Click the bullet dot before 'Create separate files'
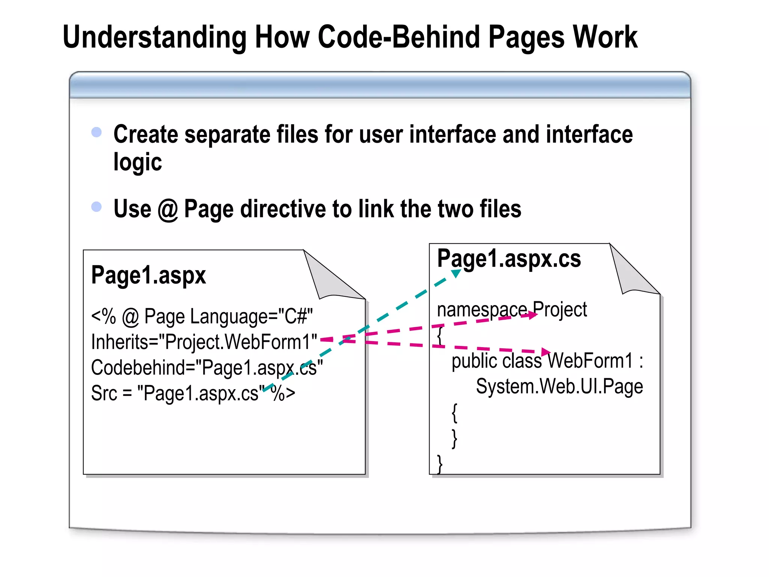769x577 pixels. click(97, 132)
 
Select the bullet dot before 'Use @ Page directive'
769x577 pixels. click(97, 207)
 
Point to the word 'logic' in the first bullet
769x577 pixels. click(137, 163)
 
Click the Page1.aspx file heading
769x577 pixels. click(148, 275)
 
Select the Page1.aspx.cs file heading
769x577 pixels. click(509, 259)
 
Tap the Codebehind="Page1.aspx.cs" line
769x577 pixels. click(207, 367)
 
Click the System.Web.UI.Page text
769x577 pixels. click(559, 386)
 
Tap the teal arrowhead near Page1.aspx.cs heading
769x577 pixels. click(456, 273)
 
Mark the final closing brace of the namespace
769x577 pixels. click(440, 464)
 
